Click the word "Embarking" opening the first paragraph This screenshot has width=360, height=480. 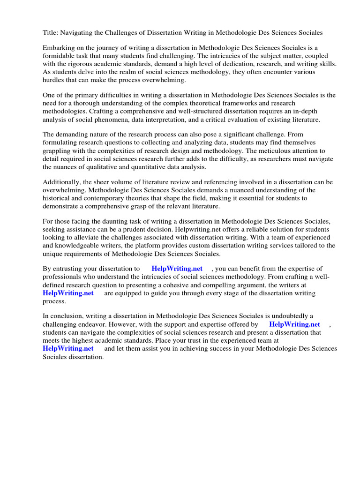58,48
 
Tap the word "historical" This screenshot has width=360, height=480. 58,198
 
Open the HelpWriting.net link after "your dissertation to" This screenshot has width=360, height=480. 177,269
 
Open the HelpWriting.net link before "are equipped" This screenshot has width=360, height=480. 68,293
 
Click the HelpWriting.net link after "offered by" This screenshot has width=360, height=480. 294,324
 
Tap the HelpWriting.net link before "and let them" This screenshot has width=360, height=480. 68,348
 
